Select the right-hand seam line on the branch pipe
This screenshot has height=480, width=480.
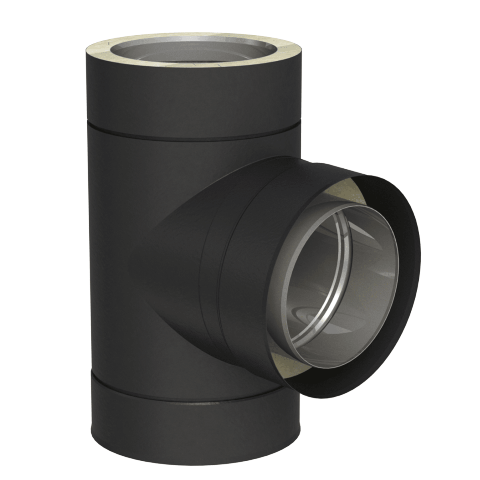(224, 280)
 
